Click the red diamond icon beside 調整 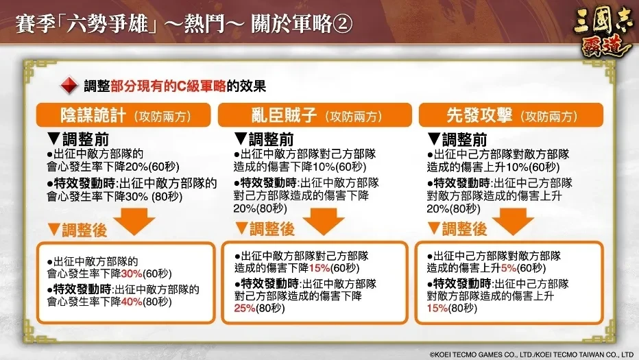coord(69,85)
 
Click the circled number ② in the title coord(342,23)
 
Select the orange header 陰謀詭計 coord(123,115)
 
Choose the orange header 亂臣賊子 coord(315,115)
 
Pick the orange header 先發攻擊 coord(511,115)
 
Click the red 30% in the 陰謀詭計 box coord(132,274)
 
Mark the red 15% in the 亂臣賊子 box coord(319,268)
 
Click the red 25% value coord(245,309)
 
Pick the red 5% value coord(509,268)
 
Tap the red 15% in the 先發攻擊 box coord(437,309)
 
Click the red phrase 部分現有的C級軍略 coord(168,86)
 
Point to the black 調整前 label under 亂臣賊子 coord(271,140)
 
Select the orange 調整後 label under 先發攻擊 coord(464,229)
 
